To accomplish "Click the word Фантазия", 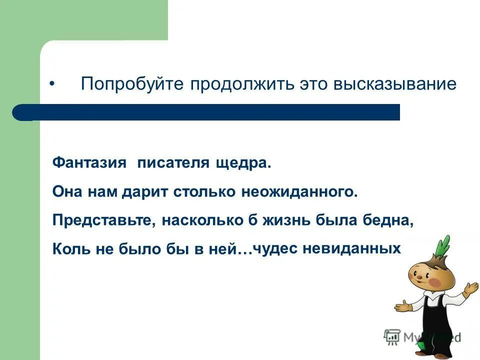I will point(88,163).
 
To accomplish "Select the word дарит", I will point(144,192).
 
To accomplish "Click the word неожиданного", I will point(300,192).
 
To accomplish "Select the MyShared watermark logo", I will point(422,336).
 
